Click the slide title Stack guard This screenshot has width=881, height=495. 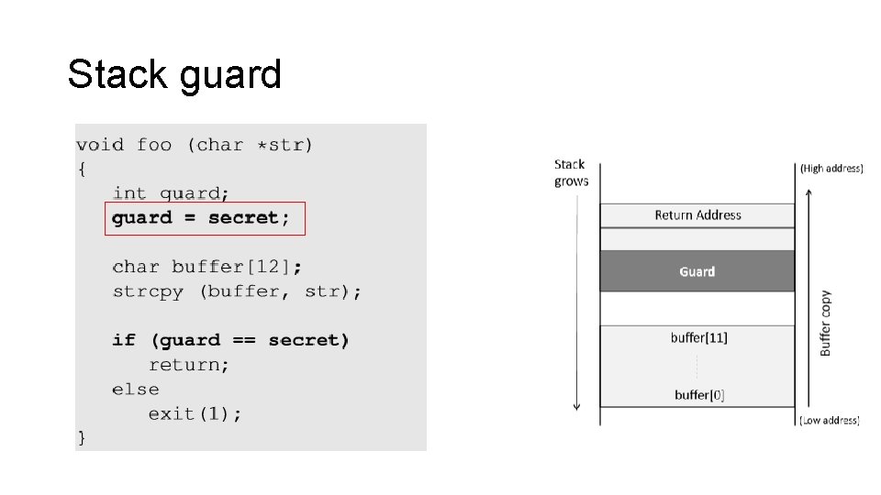click(174, 74)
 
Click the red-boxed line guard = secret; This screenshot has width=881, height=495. click(201, 218)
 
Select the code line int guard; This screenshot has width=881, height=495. click(171, 193)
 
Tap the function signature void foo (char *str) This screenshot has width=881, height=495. click(195, 145)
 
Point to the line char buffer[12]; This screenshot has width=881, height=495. click(206, 267)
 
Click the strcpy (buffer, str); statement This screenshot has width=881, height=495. click(237, 291)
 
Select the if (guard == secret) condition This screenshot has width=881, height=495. click(230, 340)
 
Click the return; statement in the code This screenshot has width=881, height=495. click(189, 365)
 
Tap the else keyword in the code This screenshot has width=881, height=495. click(135, 390)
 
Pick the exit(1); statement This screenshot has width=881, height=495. click(195, 413)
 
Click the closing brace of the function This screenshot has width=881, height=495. click(82, 437)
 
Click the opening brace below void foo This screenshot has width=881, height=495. click(82, 169)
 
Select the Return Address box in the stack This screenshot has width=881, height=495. click(697, 215)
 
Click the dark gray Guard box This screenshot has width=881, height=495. click(697, 271)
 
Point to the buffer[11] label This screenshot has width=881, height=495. click(698, 337)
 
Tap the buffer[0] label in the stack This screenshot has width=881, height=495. click(698, 395)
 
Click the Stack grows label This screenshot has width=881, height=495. click(571, 172)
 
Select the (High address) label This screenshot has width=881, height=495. click(831, 169)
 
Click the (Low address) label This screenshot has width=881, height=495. click(829, 420)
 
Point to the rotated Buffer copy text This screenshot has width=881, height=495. click(825, 323)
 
